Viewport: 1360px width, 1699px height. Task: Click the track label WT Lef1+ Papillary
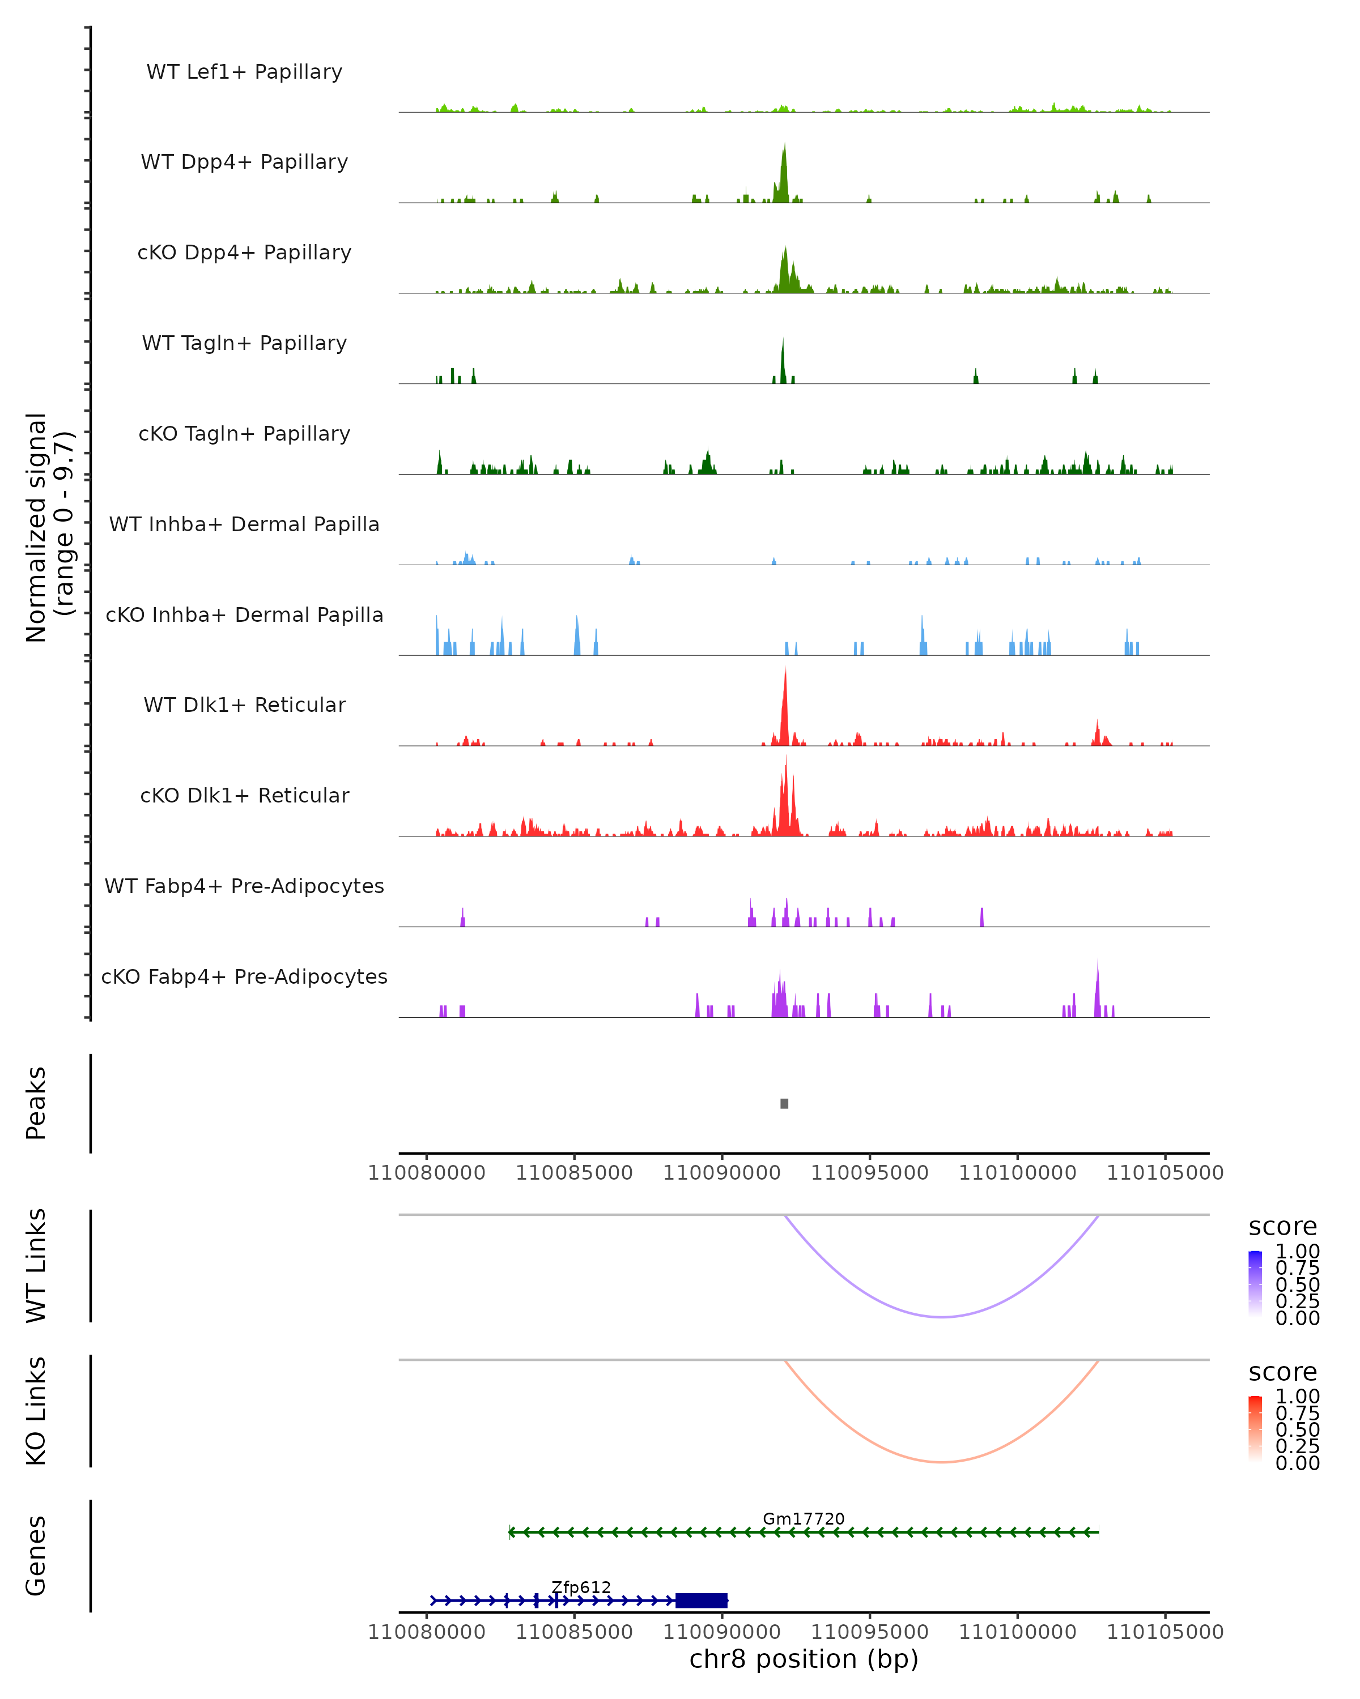tap(244, 72)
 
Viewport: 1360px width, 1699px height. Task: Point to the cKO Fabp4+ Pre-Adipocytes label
tap(244, 976)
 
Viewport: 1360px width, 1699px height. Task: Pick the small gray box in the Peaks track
tap(784, 1103)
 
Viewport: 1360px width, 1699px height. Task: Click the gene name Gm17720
tap(804, 1518)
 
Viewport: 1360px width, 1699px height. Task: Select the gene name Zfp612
tap(581, 1587)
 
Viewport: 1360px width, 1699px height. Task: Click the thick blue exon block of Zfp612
tap(702, 1600)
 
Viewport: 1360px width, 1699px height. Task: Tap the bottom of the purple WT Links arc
tap(942, 1317)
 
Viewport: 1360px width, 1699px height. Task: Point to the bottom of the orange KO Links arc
tap(942, 1462)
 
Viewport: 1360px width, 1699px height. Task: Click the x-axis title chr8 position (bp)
tap(804, 1659)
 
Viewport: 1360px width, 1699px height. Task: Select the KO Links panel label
tap(36, 1411)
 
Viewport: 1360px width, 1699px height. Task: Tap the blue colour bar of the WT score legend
tap(1255, 1284)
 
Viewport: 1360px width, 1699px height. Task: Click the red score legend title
tap(1283, 1372)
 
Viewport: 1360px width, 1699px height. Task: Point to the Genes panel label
tap(36, 1556)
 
